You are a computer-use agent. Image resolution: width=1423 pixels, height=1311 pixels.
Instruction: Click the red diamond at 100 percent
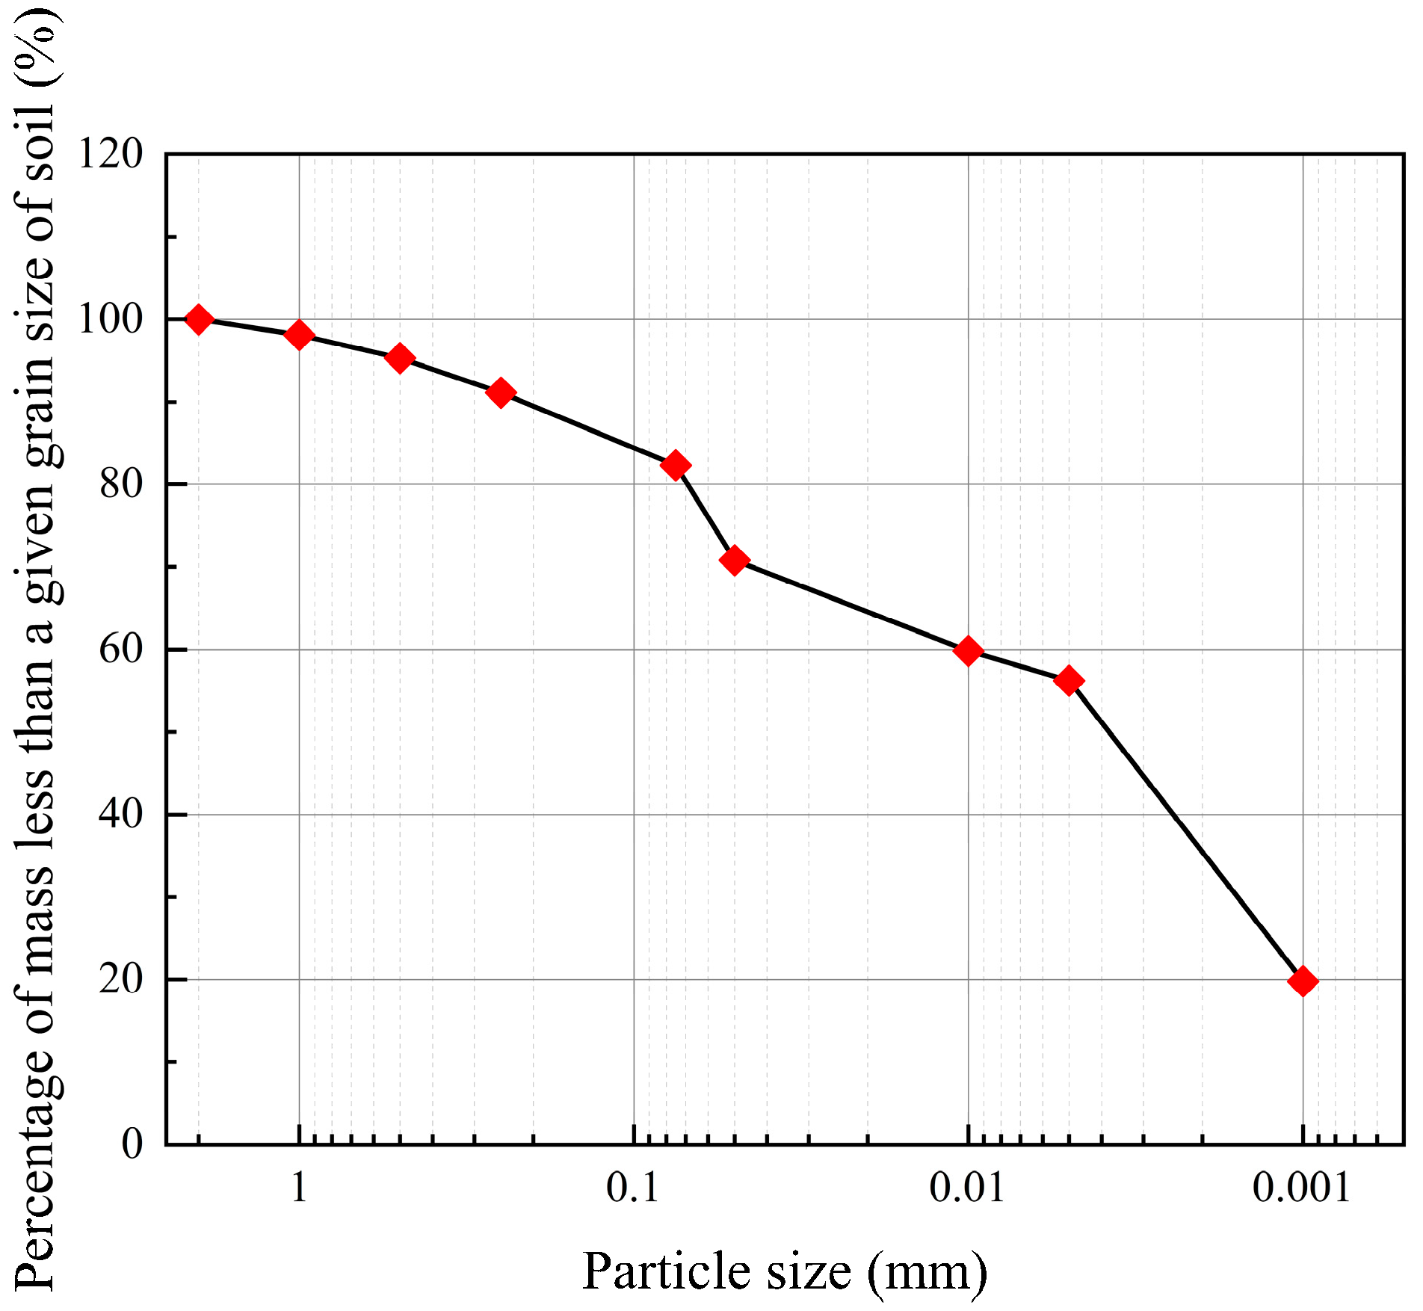click(x=199, y=320)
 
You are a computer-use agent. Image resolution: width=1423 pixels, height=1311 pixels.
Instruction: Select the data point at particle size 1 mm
click(x=299, y=336)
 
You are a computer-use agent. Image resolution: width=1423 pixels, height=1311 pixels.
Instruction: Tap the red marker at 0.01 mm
click(x=968, y=651)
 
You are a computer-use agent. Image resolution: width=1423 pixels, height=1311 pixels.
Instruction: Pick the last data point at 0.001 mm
click(x=1303, y=981)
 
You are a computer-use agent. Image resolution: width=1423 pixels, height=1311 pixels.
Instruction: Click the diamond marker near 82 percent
click(x=676, y=466)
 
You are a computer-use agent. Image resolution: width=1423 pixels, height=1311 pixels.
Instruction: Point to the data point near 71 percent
click(x=734, y=560)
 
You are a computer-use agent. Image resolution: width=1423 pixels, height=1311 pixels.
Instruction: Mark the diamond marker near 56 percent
click(x=1069, y=680)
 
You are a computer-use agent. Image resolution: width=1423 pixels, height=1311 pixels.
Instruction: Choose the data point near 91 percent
click(x=500, y=392)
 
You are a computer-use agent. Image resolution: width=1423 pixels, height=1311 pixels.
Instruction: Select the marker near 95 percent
click(x=400, y=358)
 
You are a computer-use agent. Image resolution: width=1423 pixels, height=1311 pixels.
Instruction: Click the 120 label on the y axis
click(x=110, y=155)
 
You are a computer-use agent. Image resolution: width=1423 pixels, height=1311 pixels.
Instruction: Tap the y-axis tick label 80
click(x=120, y=484)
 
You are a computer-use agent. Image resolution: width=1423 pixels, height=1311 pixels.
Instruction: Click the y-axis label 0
click(x=132, y=1144)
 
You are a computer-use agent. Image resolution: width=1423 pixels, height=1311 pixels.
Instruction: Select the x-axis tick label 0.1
click(x=633, y=1188)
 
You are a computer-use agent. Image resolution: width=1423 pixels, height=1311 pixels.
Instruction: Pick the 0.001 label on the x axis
click(x=1302, y=1188)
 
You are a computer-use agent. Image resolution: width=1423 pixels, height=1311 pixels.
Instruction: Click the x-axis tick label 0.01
click(x=967, y=1188)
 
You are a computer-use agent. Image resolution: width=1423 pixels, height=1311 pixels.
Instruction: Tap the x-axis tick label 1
click(x=299, y=1188)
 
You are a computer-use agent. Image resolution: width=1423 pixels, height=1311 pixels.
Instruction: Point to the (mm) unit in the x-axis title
click(x=927, y=1271)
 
